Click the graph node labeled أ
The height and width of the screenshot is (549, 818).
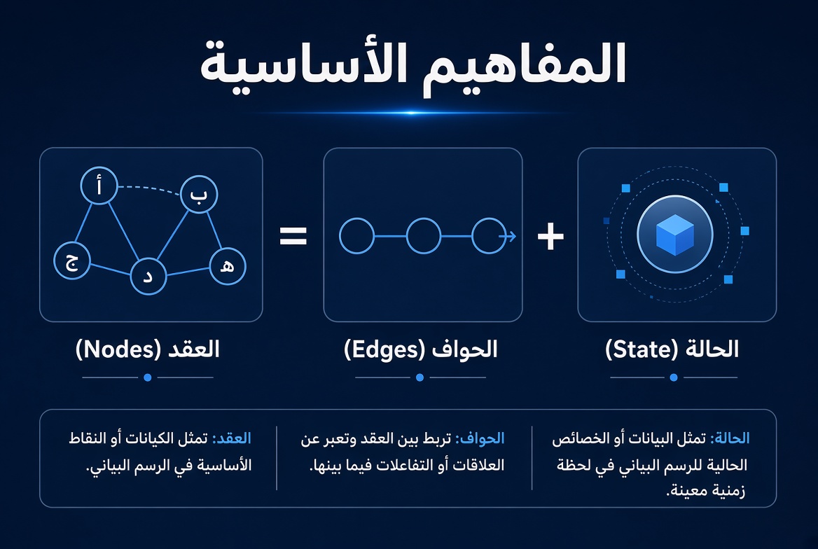pyautogui.click(x=99, y=186)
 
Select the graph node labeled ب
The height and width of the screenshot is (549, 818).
pyautogui.click(x=199, y=194)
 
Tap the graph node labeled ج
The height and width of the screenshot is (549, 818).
pyautogui.click(x=72, y=260)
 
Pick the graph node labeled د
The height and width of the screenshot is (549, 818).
pyautogui.click(x=148, y=276)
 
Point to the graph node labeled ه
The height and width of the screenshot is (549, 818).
pyautogui.click(x=228, y=266)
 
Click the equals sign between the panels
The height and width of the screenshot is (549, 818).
pyautogui.click(x=293, y=236)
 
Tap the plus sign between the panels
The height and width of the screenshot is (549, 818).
pyautogui.click(x=550, y=237)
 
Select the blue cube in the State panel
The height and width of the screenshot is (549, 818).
pyautogui.click(x=675, y=235)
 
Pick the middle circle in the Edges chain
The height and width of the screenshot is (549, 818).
pyautogui.click(x=424, y=236)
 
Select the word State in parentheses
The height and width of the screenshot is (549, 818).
pyautogui.click(x=642, y=349)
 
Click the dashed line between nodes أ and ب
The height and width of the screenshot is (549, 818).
pyautogui.click(x=151, y=188)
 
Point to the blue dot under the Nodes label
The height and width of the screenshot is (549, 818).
pyautogui.click(x=148, y=377)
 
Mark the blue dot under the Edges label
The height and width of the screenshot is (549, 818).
pyautogui.click(x=420, y=377)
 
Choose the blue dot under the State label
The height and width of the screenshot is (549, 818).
pyautogui.click(x=674, y=377)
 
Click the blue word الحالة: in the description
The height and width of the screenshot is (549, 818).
pyautogui.click(x=730, y=438)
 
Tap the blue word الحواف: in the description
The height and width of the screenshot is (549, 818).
pyautogui.click(x=480, y=438)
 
